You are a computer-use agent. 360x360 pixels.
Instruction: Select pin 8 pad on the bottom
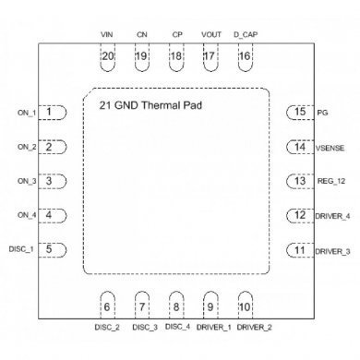(175, 306)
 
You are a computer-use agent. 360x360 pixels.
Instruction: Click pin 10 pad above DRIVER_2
(244, 306)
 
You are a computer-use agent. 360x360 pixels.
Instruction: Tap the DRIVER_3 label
(332, 250)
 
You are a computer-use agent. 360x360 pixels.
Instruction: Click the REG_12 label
(329, 181)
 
